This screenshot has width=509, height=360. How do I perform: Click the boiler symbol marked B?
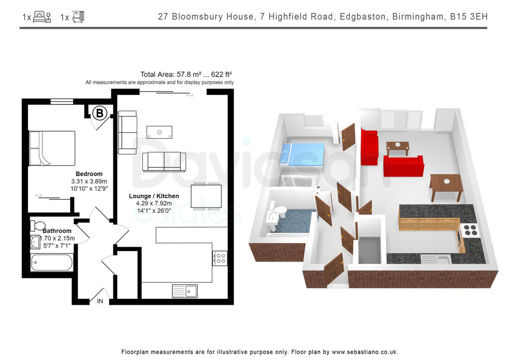99,113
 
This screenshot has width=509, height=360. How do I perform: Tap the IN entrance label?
100,301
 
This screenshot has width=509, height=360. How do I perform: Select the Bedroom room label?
89,174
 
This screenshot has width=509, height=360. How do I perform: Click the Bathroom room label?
57,231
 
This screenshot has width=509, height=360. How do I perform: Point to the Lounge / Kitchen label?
154,196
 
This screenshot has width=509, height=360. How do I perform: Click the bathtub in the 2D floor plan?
52,262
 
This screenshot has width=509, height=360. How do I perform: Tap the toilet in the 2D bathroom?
38,225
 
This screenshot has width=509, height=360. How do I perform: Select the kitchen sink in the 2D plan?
185,291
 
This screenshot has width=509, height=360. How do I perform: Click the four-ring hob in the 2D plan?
220,259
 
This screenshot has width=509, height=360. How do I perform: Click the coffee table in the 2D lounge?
160,132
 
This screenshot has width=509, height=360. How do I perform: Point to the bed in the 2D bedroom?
52,148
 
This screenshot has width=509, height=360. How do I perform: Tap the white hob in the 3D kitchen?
469,230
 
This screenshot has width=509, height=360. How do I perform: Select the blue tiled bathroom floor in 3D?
294,221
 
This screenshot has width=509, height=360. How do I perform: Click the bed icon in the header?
42,17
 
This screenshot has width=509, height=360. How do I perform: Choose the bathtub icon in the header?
78,17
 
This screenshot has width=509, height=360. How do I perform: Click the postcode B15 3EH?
469,16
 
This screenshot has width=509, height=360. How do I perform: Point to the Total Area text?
186,75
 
